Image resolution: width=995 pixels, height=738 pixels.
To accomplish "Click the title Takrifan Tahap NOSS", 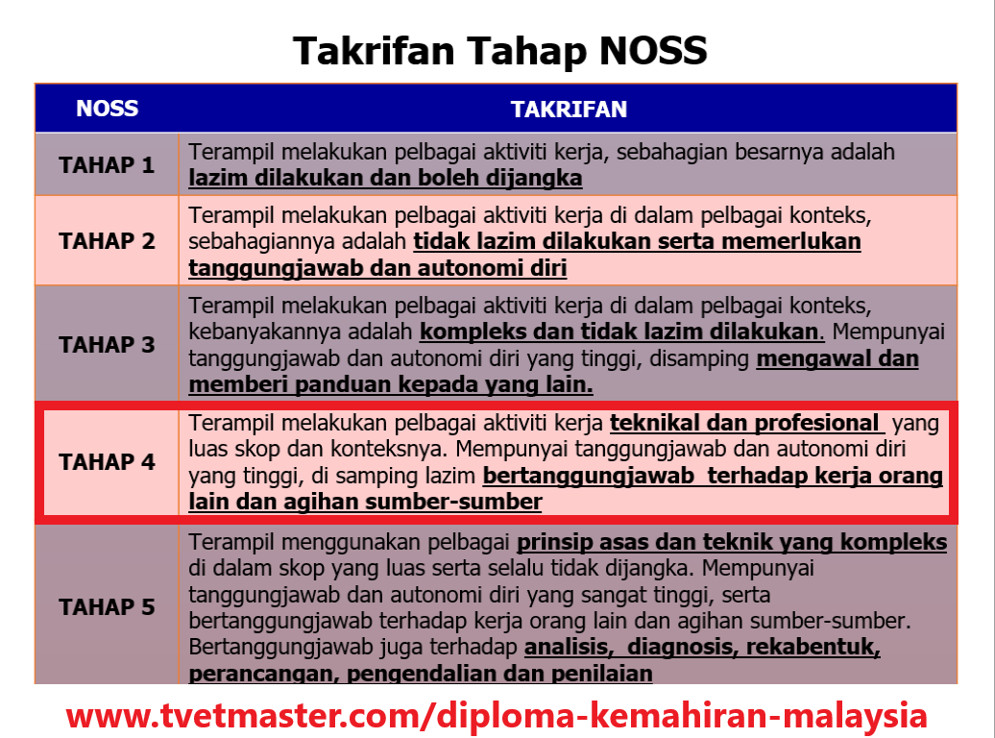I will [499, 50].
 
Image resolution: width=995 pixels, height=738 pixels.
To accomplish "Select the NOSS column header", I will [107, 109].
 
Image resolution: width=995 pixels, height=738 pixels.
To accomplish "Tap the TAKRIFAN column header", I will [569, 110].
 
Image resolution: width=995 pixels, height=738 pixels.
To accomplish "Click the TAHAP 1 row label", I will [107, 165].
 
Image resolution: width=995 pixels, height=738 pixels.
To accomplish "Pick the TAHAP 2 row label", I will [107, 241].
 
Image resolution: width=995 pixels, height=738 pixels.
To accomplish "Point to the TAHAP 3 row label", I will [107, 345].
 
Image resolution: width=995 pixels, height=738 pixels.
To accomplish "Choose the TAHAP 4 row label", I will [107, 462].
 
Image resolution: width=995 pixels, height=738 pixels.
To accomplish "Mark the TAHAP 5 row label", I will [107, 607].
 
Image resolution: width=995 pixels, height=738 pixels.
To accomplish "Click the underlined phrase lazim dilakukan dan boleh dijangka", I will [385, 179].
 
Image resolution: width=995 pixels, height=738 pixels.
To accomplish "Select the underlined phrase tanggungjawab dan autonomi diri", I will [377, 268].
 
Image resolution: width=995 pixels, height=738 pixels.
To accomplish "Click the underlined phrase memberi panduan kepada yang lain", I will [391, 385].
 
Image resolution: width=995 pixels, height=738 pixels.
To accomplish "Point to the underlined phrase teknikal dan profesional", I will [745, 424].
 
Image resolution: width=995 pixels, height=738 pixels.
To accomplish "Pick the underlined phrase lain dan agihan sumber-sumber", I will [365, 502].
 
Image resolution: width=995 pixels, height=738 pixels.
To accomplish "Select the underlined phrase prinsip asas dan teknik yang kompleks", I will [732, 543].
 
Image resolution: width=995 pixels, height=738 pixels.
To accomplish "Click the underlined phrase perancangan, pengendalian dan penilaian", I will [421, 674].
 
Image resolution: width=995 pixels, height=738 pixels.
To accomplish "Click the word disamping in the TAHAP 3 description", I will [704, 359].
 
